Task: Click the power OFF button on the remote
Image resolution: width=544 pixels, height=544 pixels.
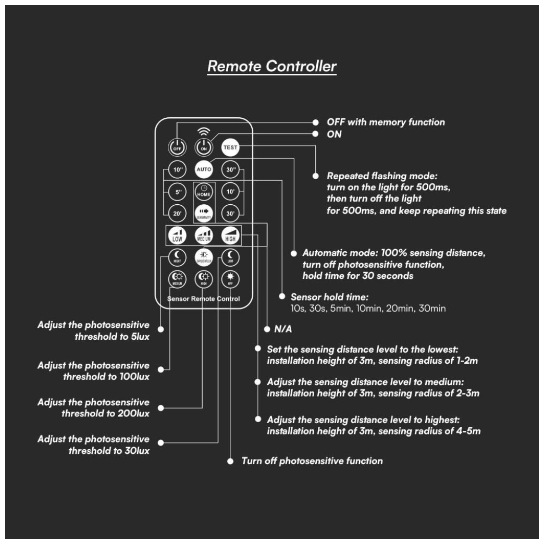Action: point(177,147)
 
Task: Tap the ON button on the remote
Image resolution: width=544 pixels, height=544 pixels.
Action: point(203,147)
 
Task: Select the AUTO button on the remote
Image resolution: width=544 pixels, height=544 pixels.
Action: point(203,170)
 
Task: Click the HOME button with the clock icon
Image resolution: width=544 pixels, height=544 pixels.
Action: point(203,191)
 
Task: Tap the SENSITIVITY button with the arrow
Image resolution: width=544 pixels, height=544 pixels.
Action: point(203,213)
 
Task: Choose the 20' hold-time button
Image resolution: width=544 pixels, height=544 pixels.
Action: point(177,213)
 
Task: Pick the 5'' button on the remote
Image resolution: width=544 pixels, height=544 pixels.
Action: point(177,191)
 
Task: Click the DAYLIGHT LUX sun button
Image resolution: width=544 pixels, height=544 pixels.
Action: point(203,256)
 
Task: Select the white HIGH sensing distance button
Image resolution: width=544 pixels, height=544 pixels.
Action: point(230,236)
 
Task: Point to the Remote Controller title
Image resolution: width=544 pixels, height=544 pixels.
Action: point(272,67)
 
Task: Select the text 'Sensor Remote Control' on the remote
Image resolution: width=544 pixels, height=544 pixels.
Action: point(204,299)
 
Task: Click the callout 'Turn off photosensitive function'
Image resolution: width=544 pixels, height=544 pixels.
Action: point(312,461)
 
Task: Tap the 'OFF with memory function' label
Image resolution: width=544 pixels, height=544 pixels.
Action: point(386,122)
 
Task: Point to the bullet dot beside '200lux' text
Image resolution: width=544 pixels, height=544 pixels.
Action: point(160,407)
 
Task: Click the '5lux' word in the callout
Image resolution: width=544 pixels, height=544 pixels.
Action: point(138,337)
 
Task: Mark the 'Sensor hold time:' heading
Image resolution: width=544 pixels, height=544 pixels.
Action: point(330,297)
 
